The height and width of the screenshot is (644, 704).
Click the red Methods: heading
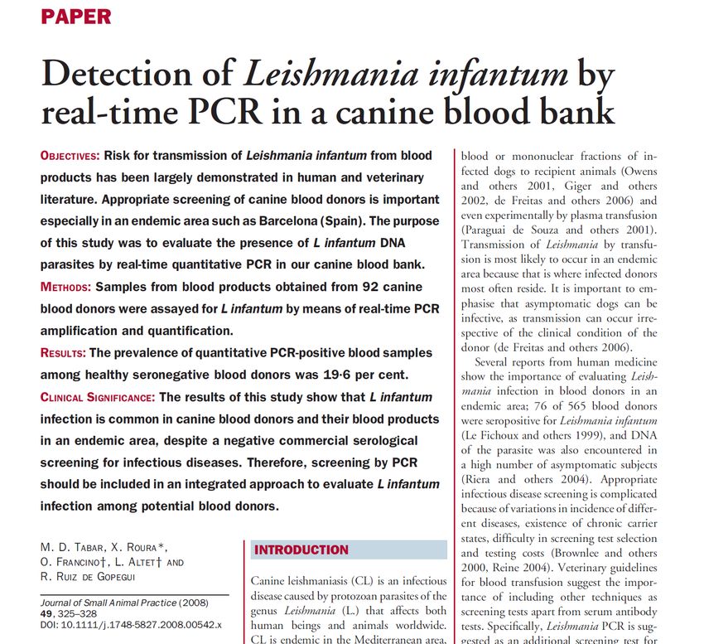click(x=65, y=287)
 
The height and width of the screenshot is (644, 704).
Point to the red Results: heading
click(x=63, y=353)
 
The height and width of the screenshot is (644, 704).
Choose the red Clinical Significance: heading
click(x=98, y=397)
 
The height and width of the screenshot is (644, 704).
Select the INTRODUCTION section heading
click(x=301, y=550)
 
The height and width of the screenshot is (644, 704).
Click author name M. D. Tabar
click(x=72, y=547)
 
